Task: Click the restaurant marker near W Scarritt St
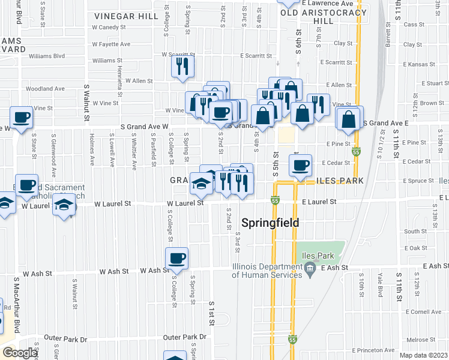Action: [x=182, y=66]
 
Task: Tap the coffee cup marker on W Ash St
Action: [x=176, y=259]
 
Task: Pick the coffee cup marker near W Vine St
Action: [x=21, y=118]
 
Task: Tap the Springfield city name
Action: [x=270, y=223]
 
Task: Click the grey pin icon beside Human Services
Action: [x=310, y=271]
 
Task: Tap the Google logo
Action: [x=20, y=353]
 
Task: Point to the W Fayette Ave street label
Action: [x=111, y=44]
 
